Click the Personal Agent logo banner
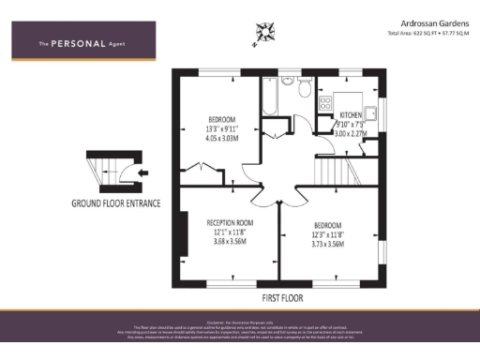[82, 42]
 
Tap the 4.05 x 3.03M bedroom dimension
[223, 138]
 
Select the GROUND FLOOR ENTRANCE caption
[116, 202]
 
